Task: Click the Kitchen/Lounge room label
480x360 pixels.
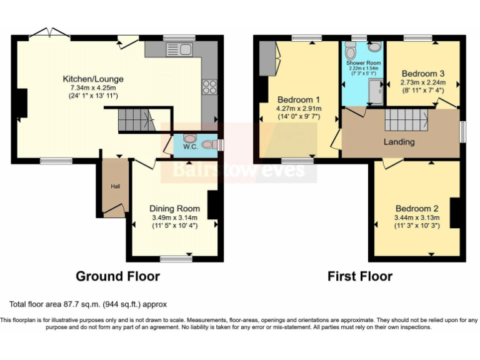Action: [92, 79]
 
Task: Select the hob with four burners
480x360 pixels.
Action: [209, 87]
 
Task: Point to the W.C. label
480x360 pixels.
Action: [191, 148]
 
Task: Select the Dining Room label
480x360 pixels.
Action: [174, 208]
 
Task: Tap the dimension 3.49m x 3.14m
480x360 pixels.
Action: [174, 217]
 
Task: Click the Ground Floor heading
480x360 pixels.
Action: [117, 276]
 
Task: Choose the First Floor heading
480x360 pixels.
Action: [359, 276]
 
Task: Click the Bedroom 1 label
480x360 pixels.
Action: [299, 100]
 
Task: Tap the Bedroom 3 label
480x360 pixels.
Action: [423, 72]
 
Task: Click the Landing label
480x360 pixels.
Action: [399, 142]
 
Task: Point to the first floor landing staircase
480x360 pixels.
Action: [405, 118]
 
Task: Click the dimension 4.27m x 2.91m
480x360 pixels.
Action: [299, 109]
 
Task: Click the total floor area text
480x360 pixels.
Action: [87, 304]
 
